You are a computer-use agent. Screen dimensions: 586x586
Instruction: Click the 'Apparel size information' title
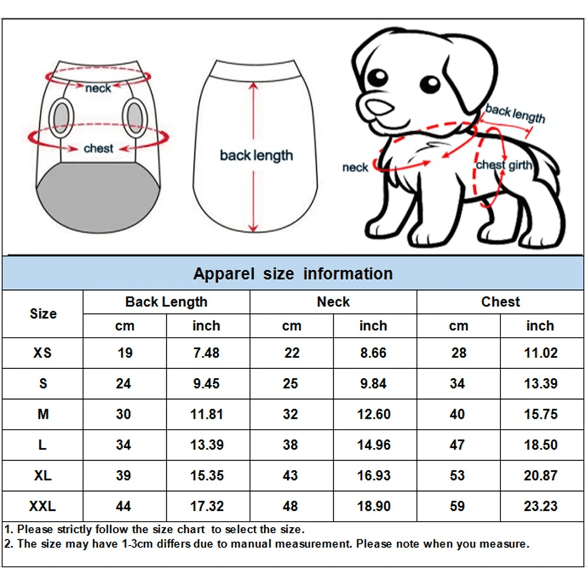click(x=293, y=274)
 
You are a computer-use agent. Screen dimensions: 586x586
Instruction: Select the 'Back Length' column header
click(x=166, y=302)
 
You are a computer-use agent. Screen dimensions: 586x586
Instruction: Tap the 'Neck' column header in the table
click(x=333, y=302)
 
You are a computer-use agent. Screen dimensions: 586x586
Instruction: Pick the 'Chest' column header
click(x=500, y=302)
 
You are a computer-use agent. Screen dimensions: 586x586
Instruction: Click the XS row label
click(x=43, y=353)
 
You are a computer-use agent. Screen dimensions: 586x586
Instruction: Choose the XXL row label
click(x=43, y=506)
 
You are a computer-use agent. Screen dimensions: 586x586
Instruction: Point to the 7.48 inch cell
click(x=206, y=353)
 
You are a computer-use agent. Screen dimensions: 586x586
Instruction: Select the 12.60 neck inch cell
click(x=374, y=414)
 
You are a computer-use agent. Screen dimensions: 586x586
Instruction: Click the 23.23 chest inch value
click(x=540, y=506)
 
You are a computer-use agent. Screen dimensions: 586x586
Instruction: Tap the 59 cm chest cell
click(x=458, y=506)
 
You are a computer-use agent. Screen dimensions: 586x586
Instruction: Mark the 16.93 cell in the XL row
click(x=374, y=475)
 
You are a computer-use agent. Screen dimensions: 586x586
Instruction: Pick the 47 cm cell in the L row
click(x=458, y=445)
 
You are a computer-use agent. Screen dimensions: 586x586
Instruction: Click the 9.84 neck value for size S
click(x=374, y=384)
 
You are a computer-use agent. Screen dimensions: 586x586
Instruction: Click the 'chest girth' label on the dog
click(x=504, y=165)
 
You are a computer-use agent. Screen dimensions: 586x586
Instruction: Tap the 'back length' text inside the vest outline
click(x=256, y=155)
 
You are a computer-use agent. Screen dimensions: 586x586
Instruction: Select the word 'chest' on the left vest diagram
click(x=98, y=148)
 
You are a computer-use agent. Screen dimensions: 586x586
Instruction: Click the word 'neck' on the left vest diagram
click(x=98, y=88)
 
